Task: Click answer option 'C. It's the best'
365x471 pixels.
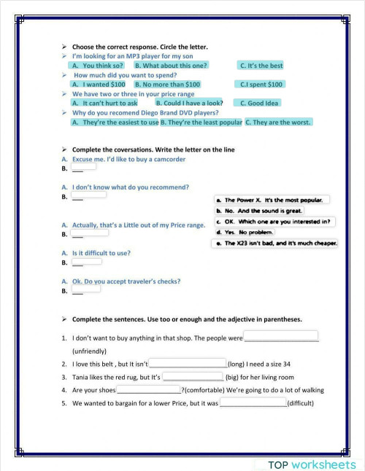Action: click(x=261, y=66)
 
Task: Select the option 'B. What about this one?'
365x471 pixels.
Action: click(x=171, y=66)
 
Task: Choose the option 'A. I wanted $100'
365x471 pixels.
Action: click(x=99, y=85)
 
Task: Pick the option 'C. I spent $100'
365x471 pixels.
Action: click(x=261, y=85)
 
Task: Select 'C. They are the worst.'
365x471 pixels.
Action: click(x=278, y=122)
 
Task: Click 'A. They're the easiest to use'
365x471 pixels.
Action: click(x=115, y=122)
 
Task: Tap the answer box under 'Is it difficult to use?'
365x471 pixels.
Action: click(x=86, y=260)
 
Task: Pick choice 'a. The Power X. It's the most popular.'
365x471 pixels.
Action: click(x=273, y=200)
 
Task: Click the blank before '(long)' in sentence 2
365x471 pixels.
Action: click(x=188, y=363)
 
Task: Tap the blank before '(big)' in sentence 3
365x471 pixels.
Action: click(x=193, y=377)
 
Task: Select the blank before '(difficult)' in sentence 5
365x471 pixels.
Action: click(x=253, y=402)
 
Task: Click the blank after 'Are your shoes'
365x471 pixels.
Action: click(x=148, y=389)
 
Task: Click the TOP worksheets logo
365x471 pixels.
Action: click(x=312, y=464)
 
